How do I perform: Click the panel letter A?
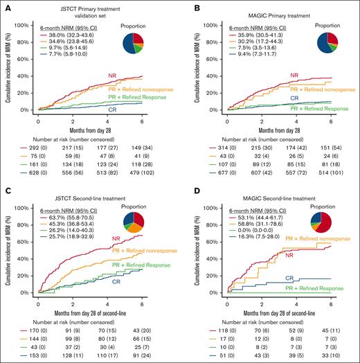click(6, 6)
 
